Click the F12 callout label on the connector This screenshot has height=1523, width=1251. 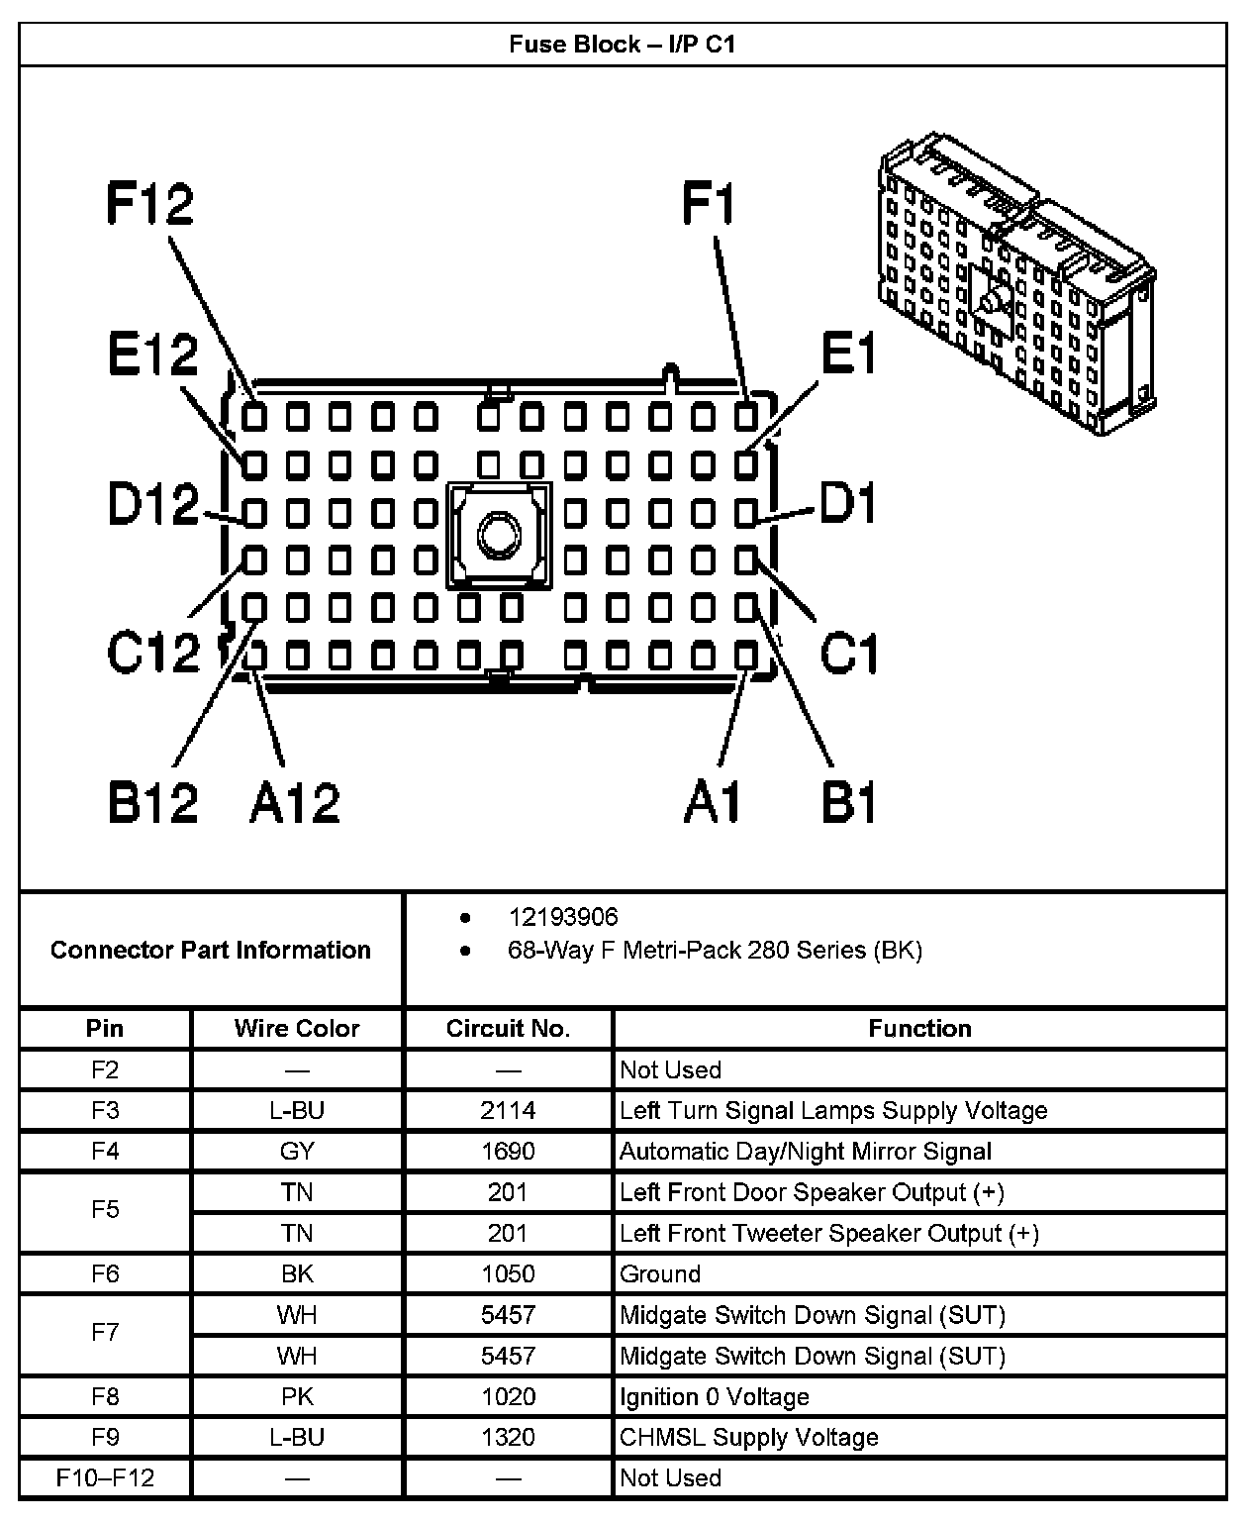point(150,205)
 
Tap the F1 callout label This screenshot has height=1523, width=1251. point(710,205)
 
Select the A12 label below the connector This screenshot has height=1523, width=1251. point(294,802)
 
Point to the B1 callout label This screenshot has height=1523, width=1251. point(849,802)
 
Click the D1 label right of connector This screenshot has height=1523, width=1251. point(849,504)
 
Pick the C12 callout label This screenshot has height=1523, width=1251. point(153,653)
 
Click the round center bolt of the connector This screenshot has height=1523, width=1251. point(498,536)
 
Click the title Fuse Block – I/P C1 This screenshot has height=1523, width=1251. point(623,45)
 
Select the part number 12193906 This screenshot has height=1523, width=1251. point(563,917)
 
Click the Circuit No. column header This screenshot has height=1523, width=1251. point(508,1029)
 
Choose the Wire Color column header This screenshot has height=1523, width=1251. point(297,1029)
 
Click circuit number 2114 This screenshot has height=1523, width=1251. point(508,1110)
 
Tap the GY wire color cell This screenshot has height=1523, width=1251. point(297,1152)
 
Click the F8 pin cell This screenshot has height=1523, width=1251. point(105,1396)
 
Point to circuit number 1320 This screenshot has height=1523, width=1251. point(508,1438)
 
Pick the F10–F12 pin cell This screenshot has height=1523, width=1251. point(105,1478)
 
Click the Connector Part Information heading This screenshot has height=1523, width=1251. point(211,951)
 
